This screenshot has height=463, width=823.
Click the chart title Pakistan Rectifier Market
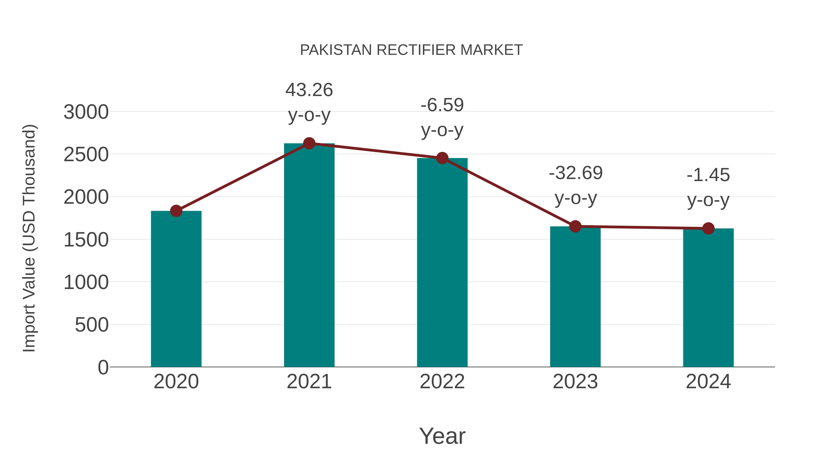(x=411, y=50)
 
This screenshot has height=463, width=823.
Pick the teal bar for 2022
(x=442, y=262)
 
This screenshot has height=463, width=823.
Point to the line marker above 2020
(x=176, y=211)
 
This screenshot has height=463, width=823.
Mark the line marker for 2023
(x=575, y=226)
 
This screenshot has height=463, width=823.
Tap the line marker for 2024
(x=708, y=228)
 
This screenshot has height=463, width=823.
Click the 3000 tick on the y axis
(x=86, y=112)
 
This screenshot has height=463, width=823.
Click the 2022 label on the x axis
(x=442, y=382)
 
